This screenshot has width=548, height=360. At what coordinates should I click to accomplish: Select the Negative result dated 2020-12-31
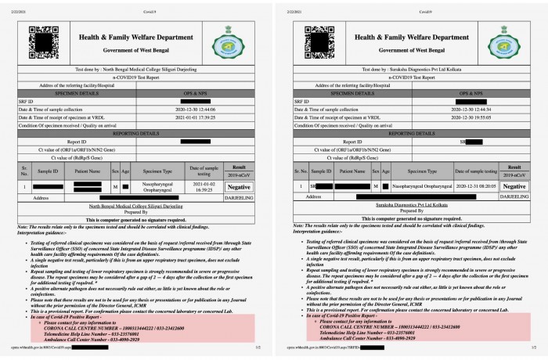[514, 187]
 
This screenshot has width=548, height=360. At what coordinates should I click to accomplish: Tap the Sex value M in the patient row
[114, 188]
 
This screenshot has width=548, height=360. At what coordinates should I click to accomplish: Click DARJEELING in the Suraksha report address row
[514, 196]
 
